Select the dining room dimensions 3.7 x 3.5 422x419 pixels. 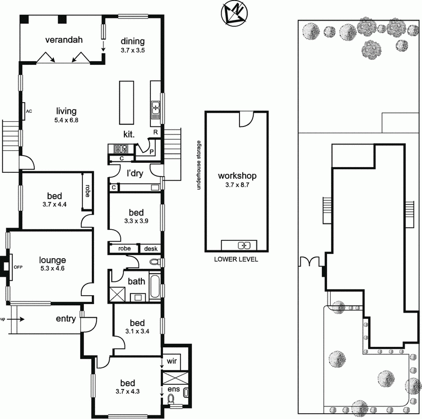tap(132, 51)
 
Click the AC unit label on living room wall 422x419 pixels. tap(29, 111)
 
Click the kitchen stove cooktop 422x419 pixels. tap(116, 148)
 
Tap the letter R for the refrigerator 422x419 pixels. tap(156, 132)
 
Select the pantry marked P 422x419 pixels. tap(151, 151)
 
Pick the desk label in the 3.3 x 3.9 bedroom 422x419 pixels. tap(151, 248)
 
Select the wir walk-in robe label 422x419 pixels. tap(172, 362)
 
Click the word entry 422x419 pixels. tap(66, 319)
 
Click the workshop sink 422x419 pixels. tap(243, 245)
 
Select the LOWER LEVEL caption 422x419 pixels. tap(236, 259)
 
